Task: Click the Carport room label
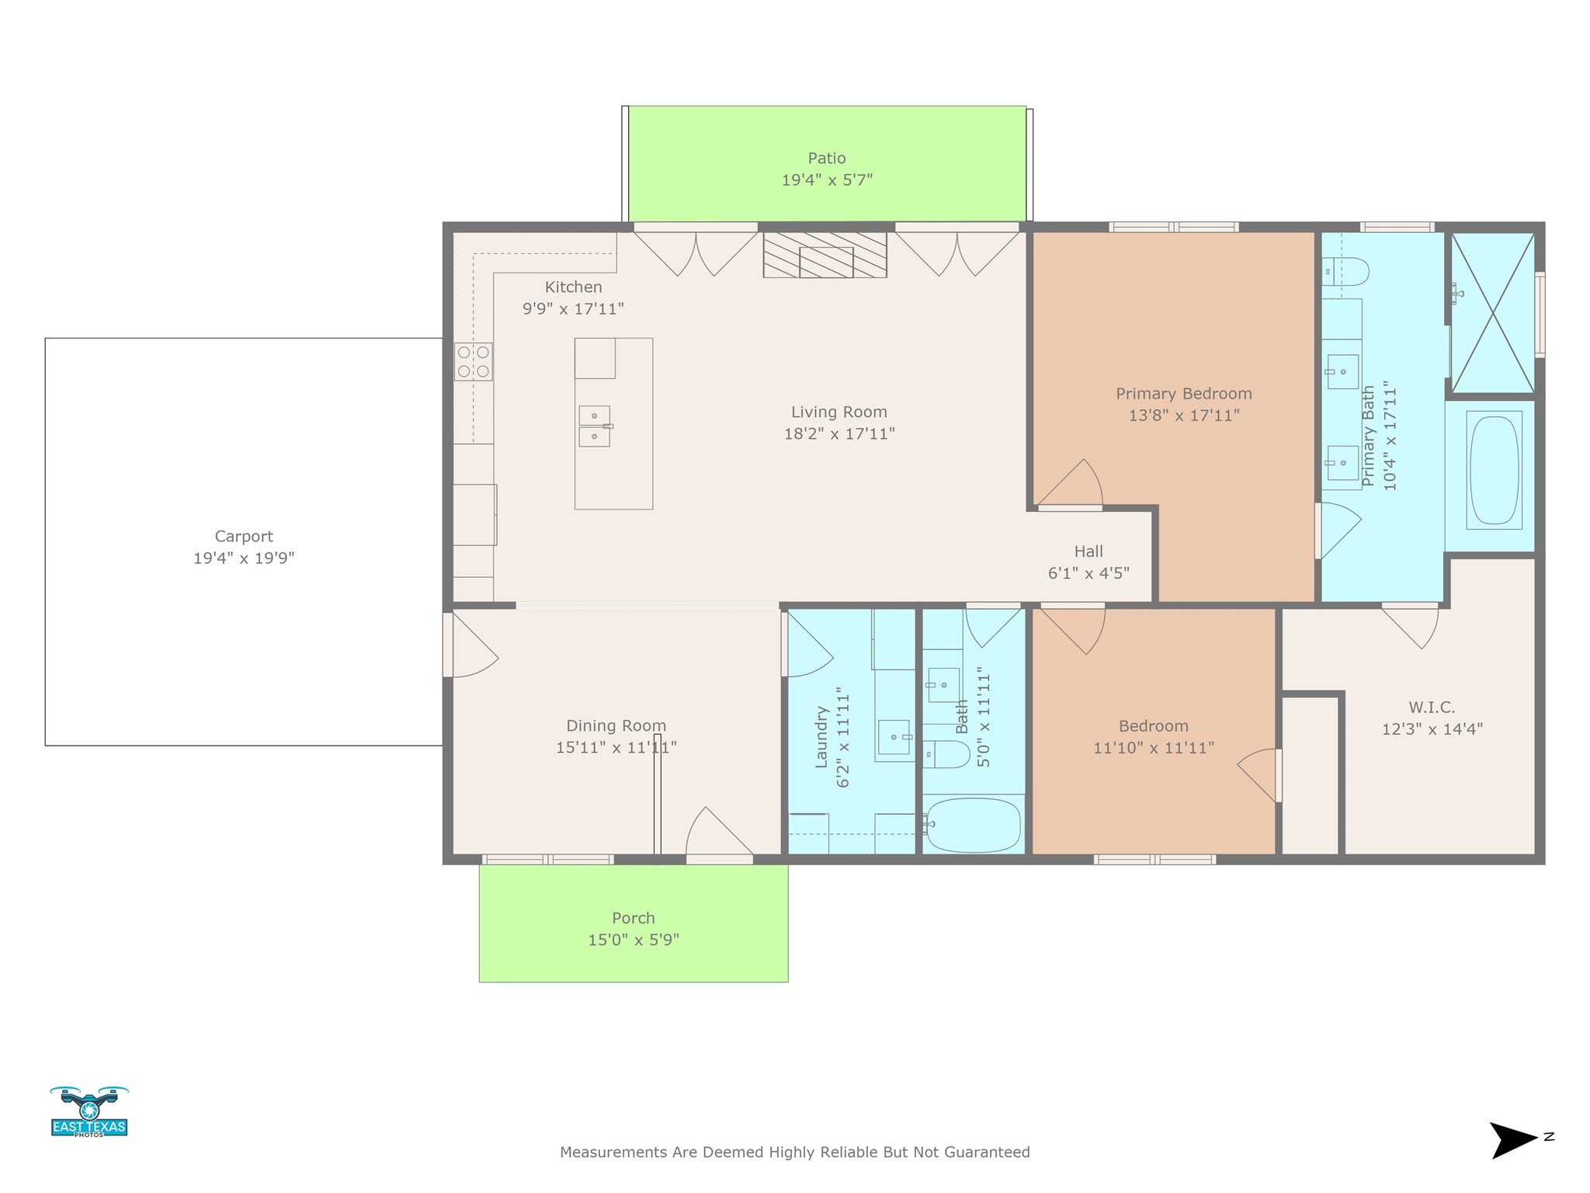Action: (x=244, y=536)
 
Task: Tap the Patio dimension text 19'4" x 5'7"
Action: (x=827, y=180)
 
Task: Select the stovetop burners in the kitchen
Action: (x=474, y=362)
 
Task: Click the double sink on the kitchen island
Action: (x=595, y=426)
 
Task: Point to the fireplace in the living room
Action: (x=825, y=255)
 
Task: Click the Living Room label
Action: (x=838, y=412)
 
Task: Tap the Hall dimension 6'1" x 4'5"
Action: (x=1088, y=573)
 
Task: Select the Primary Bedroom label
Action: (x=1184, y=394)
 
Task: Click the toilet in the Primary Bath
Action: (x=1345, y=272)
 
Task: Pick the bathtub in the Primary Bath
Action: (x=1495, y=470)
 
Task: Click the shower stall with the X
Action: (x=1493, y=313)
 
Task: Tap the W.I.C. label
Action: (x=1432, y=708)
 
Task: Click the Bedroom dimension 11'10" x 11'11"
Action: (x=1154, y=748)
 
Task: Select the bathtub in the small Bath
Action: (x=973, y=825)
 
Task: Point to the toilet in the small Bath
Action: (x=946, y=754)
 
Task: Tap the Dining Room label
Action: (x=616, y=726)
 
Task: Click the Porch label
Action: (x=634, y=918)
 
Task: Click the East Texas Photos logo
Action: (x=89, y=1111)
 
